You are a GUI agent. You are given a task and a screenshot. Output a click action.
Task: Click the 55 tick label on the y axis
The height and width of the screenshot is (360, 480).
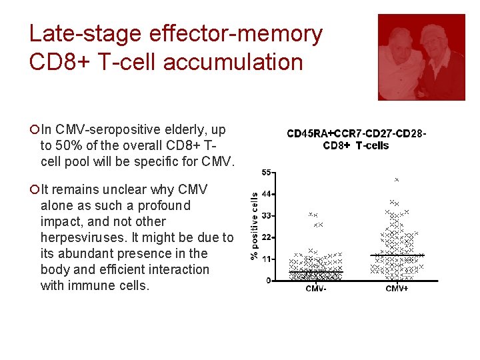click(x=265, y=173)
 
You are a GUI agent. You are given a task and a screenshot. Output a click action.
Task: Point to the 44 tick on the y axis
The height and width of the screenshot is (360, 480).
click(x=265, y=194)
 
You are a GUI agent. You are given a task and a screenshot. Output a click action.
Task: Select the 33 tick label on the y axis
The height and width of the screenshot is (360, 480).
click(x=265, y=216)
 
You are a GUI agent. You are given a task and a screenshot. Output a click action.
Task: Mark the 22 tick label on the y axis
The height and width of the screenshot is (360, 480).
click(x=265, y=237)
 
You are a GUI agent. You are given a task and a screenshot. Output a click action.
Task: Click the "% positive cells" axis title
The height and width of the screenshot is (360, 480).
click(x=254, y=226)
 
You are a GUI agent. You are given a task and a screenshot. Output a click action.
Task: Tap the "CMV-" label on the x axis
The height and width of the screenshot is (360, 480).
click(x=315, y=288)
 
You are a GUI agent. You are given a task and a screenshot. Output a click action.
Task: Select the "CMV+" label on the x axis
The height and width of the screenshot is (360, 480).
click(x=397, y=288)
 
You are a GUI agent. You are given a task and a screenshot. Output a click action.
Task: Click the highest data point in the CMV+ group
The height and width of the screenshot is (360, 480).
click(x=397, y=180)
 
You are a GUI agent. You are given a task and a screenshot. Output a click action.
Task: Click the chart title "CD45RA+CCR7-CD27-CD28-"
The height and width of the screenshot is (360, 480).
click(x=356, y=134)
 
